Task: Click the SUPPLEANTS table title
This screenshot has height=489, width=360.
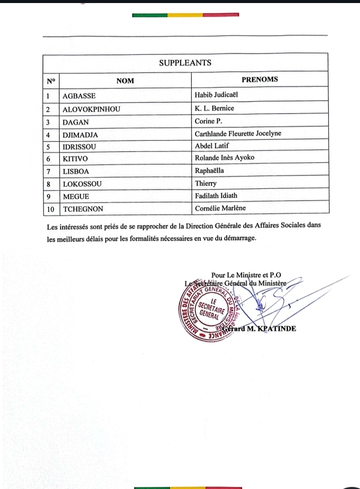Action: (185, 63)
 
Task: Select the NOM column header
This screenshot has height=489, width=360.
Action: (125, 80)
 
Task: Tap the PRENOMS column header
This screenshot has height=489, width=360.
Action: (260, 79)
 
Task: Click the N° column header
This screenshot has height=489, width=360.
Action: (51, 80)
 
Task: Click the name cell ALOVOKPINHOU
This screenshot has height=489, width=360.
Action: (91, 109)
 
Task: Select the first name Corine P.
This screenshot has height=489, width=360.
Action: (209, 121)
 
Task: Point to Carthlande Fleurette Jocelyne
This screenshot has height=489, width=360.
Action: (238, 134)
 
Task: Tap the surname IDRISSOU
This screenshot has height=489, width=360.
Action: (79, 147)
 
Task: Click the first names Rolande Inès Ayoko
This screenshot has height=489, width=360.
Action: (224, 158)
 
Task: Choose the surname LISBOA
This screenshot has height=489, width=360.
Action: (75, 171)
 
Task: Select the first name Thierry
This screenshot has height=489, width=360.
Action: (205, 183)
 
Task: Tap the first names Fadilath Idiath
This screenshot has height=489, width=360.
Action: (219, 195)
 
